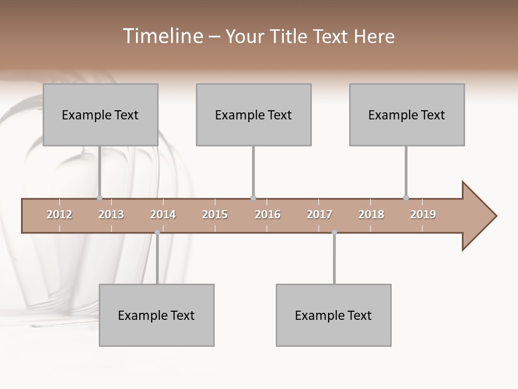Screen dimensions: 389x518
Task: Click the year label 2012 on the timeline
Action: click(59, 214)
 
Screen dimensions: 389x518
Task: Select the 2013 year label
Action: click(111, 214)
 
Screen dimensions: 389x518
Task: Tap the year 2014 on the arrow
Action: click(163, 214)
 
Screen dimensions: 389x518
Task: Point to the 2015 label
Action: click(215, 214)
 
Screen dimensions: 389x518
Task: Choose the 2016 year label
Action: click(268, 214)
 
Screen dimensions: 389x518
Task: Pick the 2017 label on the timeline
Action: click(319, 214)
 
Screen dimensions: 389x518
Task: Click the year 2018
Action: click(371, 214)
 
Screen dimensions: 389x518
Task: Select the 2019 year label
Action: click(423, 214)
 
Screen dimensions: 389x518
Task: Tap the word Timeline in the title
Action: click(162, 36)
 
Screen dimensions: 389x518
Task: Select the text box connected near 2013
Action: click(100, 115)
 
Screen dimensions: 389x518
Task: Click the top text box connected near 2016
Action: click(254, 115)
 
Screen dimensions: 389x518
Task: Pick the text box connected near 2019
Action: click(407, 115)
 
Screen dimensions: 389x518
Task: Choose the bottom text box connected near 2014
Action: click(156, 315)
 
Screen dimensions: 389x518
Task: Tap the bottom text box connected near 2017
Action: click(333, 315)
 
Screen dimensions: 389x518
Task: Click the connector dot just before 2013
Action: click(99, 198)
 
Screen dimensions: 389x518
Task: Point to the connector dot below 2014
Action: click(157, 232)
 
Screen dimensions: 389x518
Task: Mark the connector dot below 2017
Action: click(334, 232)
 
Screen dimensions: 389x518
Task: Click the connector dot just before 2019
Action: click(406, 198)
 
